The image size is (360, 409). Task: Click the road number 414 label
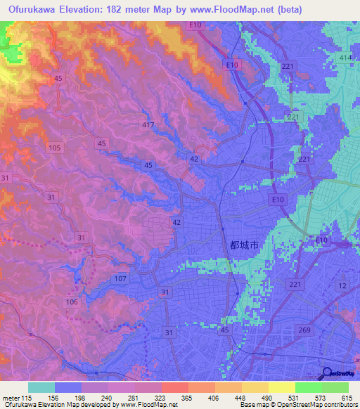345,56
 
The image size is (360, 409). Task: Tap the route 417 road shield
147,124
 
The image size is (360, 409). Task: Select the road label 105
56,148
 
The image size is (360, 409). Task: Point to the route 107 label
120,279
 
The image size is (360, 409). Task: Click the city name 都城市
245,245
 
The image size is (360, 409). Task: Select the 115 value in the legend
28,396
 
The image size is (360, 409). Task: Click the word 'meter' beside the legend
10,396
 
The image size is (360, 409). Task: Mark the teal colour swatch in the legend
41,387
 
